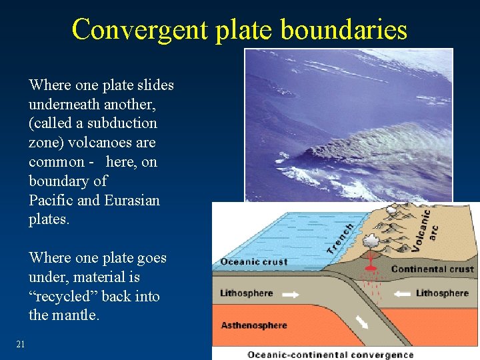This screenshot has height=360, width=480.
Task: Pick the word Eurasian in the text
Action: coord(133,200)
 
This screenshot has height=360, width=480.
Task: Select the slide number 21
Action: coord(20,344)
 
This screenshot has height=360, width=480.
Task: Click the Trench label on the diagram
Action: coord(340,238)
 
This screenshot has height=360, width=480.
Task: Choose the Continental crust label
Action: coord(432,269)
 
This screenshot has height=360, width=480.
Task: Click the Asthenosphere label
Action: coord(254,325)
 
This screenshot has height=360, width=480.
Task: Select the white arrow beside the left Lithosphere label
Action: coord(291,293)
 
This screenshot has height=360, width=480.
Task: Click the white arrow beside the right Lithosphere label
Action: coord(401,293)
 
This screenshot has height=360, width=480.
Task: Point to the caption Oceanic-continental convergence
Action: coord(330,355)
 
